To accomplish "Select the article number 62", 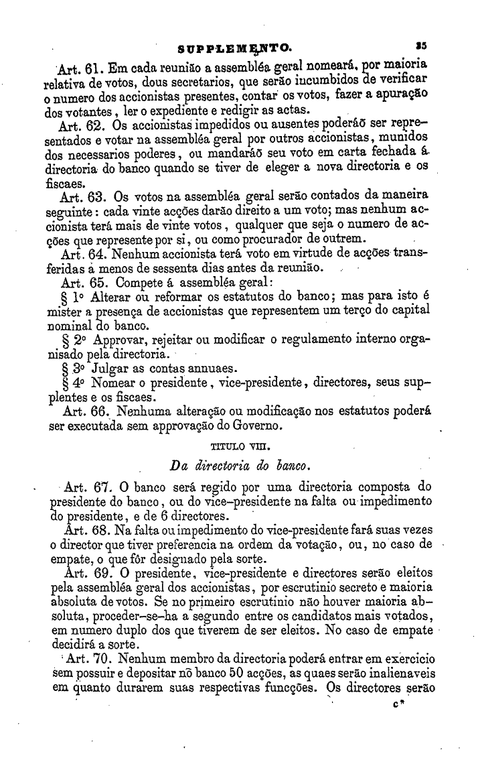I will (x=93, y=125).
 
